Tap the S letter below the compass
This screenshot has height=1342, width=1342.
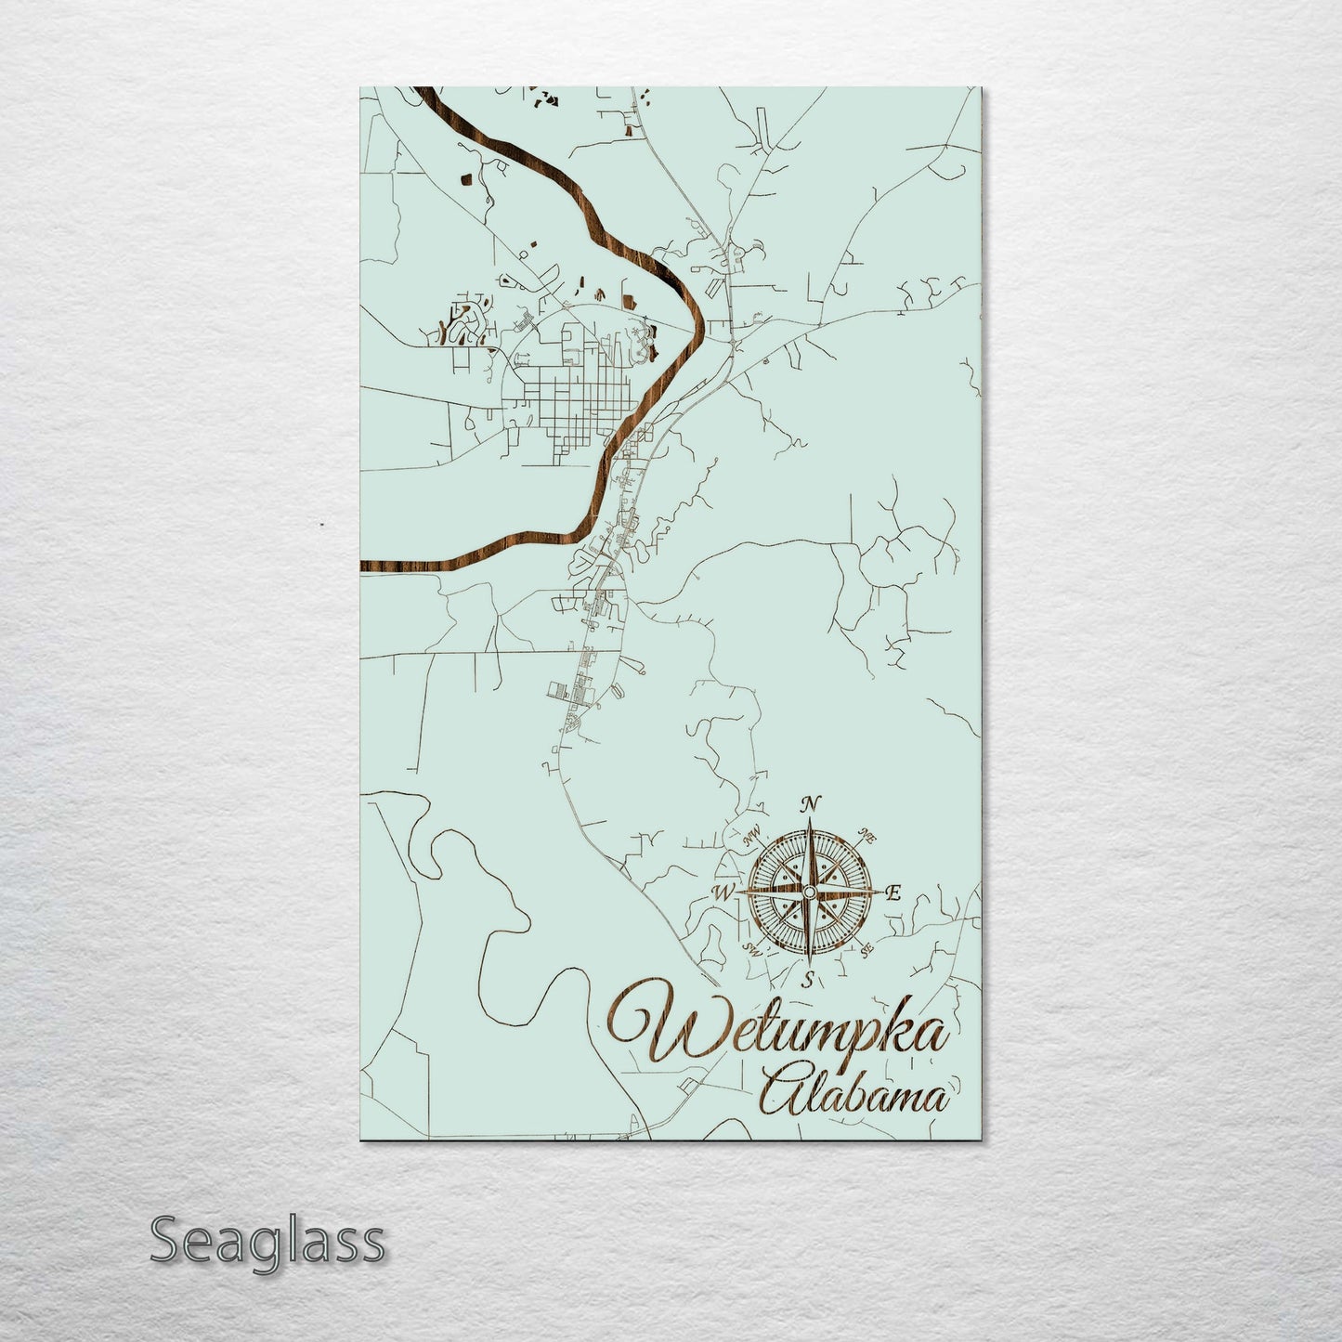[809, 979]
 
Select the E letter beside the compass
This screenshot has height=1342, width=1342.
[894, 894]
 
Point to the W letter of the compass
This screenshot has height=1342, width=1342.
[721, 893]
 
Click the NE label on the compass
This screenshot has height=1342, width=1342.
[868, 833]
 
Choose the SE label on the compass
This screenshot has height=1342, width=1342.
[866, 950]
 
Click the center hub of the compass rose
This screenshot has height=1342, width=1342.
[809, 892]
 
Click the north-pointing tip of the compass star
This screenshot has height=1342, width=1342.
[810, 822]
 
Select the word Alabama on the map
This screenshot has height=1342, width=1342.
[854, 1097]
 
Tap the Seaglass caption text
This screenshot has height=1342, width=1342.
[267, 1241]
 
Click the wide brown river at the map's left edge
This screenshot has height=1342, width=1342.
[390, 564]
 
